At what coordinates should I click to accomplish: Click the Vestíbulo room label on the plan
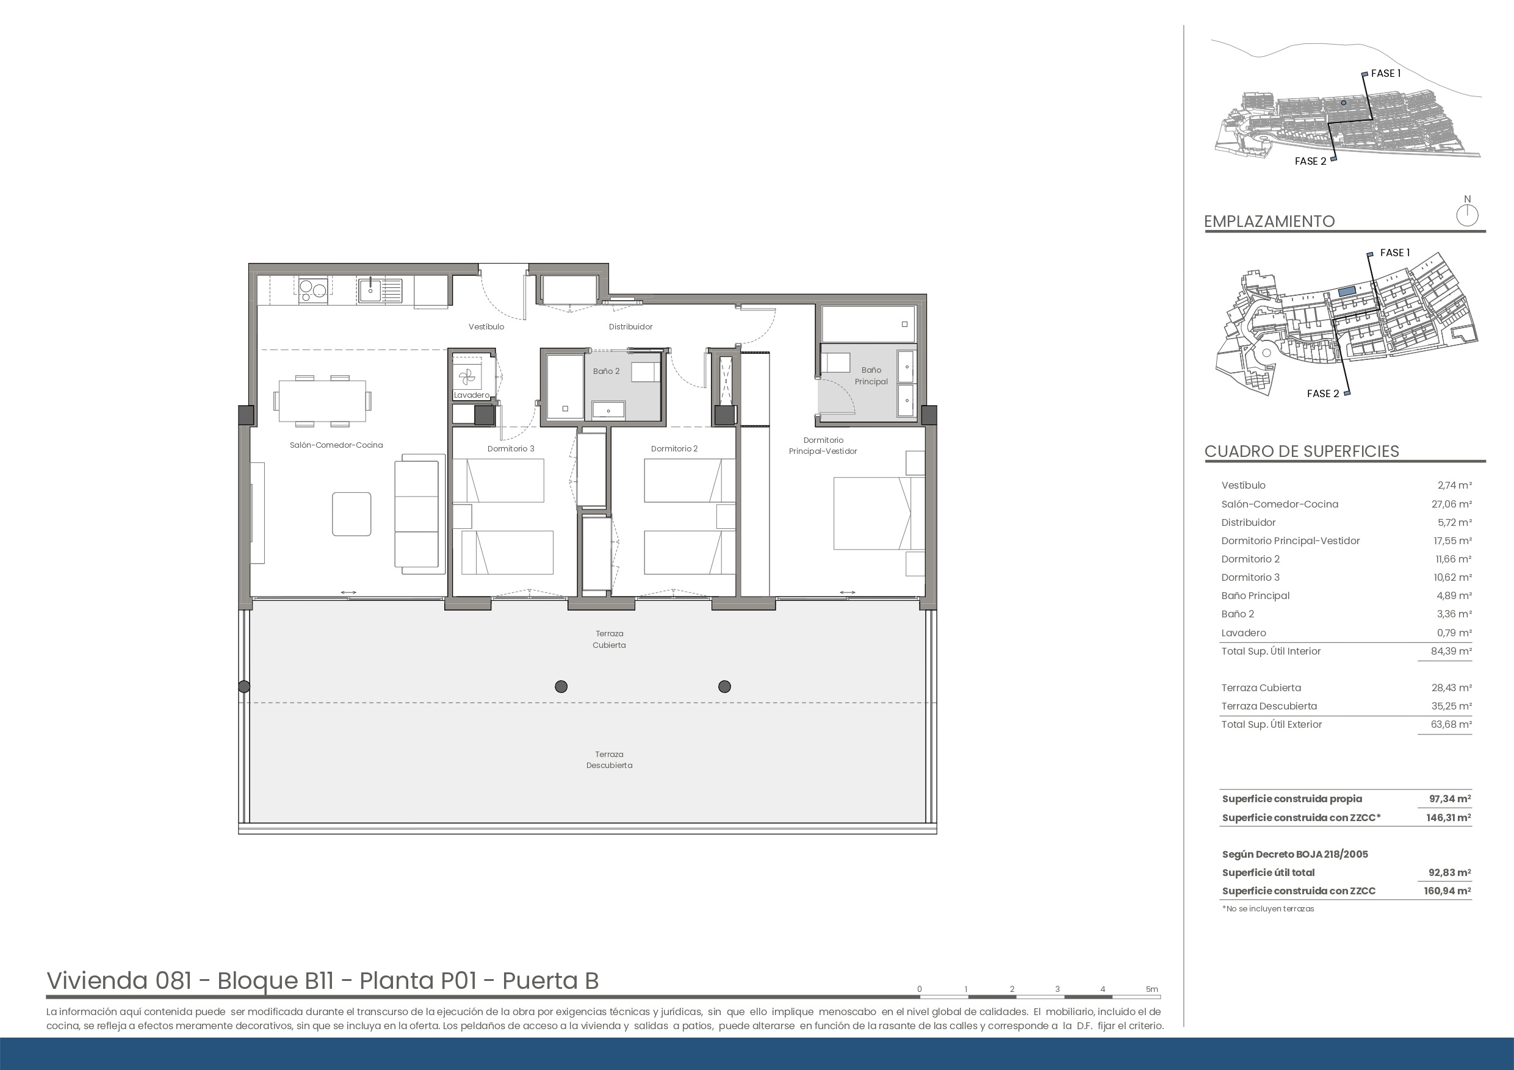coord(486,326)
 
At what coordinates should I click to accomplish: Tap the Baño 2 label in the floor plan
coord(606,371)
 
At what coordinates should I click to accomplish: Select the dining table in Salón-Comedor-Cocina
coord(322,401)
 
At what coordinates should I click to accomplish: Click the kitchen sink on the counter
coord(380,290)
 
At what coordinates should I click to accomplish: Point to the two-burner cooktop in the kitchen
coord(313,290)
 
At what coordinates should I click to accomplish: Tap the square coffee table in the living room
coord(351,514)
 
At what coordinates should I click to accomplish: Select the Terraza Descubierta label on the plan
coord(609,759)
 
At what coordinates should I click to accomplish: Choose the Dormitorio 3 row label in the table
coord(1250,577)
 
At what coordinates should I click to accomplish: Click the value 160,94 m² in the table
coord(1447,891)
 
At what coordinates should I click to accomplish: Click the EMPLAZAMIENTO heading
coord(1269,221)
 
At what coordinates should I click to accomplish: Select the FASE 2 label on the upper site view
coord(1310,161)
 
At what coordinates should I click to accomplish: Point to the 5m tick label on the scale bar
coord(1152,989)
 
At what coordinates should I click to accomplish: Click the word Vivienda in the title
coord(97,980)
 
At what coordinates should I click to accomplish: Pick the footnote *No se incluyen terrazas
coord(1268,908)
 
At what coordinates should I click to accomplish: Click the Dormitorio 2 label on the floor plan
coord(674,448)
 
